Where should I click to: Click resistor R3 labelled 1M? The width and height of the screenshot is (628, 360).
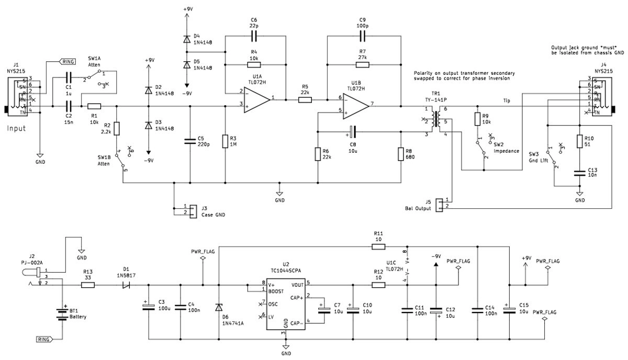coord(225,141)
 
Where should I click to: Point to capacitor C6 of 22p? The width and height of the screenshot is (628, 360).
coord(255,36)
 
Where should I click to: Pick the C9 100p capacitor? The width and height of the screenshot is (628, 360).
coord(362,36)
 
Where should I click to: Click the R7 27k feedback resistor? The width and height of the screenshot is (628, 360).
coord(362,64)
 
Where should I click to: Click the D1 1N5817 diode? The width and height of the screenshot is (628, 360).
coord(126,286)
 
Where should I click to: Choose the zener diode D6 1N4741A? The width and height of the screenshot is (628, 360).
coord(218,308)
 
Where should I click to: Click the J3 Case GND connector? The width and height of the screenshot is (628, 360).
coord(192,210)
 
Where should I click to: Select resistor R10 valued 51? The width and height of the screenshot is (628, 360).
coord(579,141)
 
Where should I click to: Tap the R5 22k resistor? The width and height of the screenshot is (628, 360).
coord(305,99)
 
